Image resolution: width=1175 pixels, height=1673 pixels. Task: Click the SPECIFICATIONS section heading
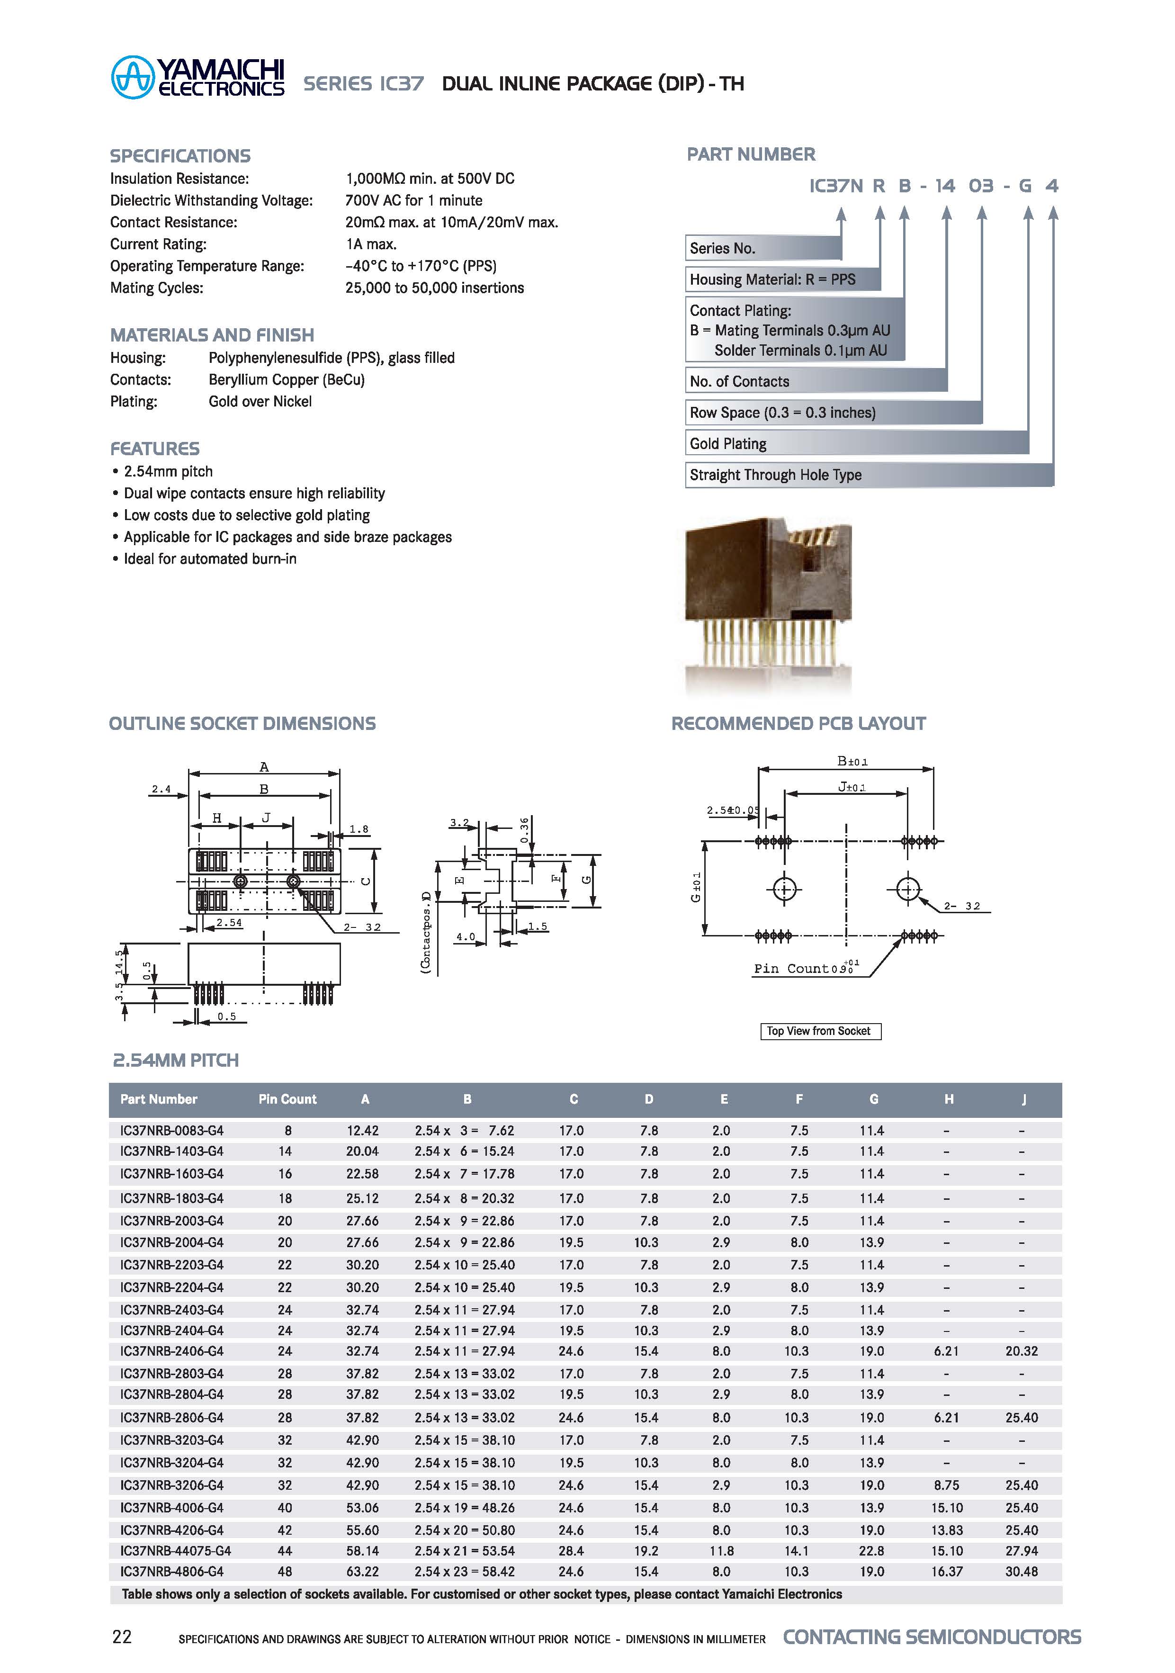point(180,156)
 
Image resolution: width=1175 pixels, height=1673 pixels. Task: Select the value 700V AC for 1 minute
point(414,200)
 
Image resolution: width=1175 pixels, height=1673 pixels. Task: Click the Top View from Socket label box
point(819,1031)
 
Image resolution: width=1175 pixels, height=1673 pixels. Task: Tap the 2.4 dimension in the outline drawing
point(161,789)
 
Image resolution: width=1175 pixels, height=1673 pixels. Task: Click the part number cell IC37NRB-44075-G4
point(176,1551)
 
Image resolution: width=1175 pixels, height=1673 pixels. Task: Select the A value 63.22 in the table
point(362,1572)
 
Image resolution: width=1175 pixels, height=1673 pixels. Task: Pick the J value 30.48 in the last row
point(1021,1572)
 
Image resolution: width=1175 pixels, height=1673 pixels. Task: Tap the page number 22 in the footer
point(122,1637)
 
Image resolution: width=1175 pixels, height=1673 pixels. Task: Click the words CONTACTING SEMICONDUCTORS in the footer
point(932,1637)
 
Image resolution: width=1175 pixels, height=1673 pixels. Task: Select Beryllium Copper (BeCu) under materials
point(286,379)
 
